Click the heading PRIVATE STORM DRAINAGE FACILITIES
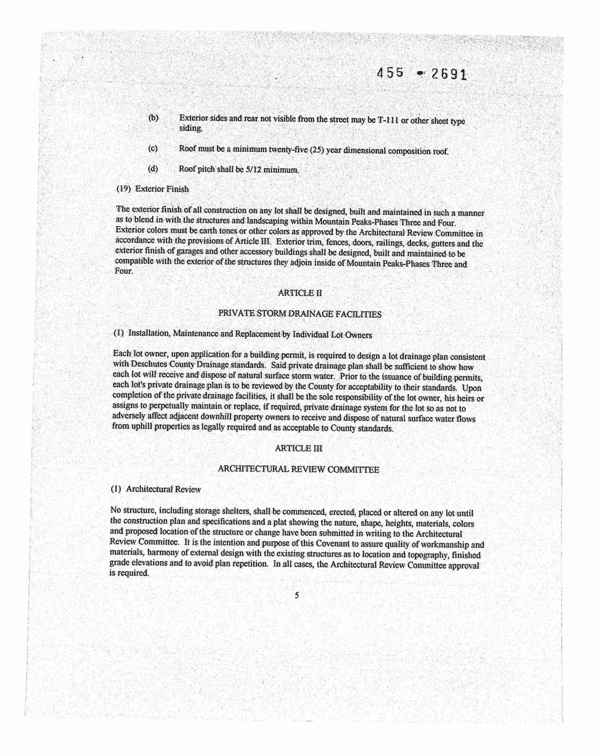pos(300,314)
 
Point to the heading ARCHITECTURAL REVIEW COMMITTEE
pos(298,469)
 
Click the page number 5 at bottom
pos(297,596)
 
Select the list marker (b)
pos(153,118)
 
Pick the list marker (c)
pos(152,148)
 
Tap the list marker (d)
pos(152,169)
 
